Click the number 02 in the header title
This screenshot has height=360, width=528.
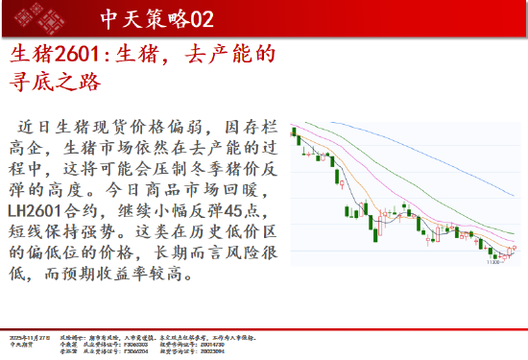[x=202, y=19]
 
